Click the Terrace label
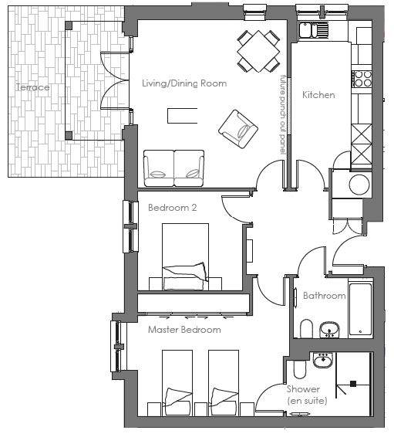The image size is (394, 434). tap(32, 87)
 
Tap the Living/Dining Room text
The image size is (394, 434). tap(184, 83)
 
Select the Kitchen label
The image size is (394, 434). tap(318, 95)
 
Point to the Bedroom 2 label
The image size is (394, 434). tap(173, 208)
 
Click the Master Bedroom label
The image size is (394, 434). tap(184, 330)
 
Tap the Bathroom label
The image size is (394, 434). tap(324, 296)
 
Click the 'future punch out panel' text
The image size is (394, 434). tap(282, 114)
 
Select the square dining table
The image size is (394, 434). tap(258, 51)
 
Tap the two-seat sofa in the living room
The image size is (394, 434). tap(173, 168)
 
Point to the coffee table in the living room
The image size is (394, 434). tap(183, 116)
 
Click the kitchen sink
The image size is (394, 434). tap(313, 30)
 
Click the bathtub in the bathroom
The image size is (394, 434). tap(360, 309)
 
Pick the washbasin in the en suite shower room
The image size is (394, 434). tap(322, 360)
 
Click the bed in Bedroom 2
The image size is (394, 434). tap(185, 257)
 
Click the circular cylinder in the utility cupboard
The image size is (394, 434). tap(359, 184)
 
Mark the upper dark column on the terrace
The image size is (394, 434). tap(69, 25)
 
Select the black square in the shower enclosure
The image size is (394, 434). tap(353, 384)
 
